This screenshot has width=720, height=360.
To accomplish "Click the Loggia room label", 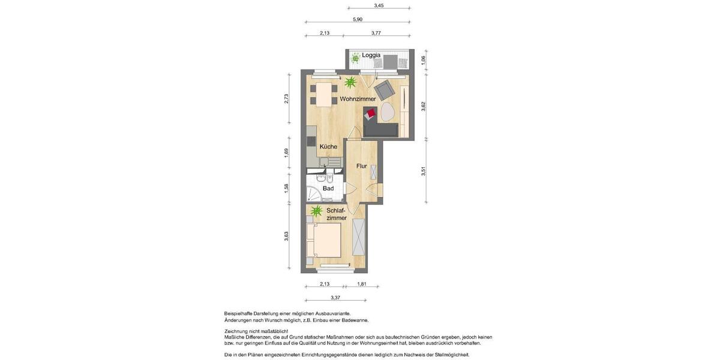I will coord(371,55).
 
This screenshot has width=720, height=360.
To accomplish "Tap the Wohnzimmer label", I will coord(358,98).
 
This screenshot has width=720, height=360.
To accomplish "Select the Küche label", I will coord(328,146).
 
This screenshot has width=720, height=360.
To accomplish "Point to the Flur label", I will coord(361,166).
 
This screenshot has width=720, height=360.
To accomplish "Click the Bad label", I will coord(328,188).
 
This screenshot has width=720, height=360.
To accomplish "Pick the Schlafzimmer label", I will coord(336,214).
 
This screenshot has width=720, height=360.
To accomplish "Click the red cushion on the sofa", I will coord(371,113).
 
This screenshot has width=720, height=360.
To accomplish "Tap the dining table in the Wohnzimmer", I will coord(325,95).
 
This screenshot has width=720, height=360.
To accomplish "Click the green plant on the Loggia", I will coord(355,58).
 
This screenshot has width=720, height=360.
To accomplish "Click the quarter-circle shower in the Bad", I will coord(314,193).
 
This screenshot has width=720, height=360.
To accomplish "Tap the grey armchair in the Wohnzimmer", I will coord(386,89).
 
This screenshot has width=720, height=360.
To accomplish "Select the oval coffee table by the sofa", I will coord(386,112).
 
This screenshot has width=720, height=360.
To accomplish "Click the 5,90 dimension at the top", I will coord(357,19).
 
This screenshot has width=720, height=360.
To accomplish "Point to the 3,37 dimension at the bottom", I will coord(336,297).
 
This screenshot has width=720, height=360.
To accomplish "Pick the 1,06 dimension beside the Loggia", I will coord(424,60).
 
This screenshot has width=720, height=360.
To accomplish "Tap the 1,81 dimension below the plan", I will coord(362,284).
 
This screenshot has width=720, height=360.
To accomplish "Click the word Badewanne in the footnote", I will coord(353,320).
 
